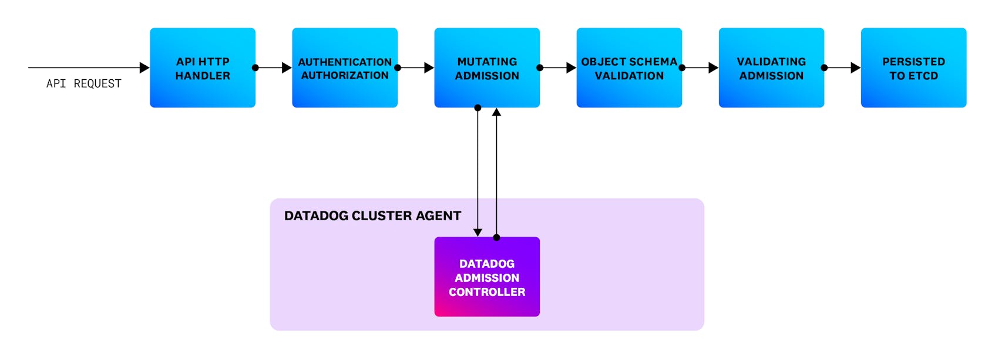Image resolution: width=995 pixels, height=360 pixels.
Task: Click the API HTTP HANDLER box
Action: point(203,68)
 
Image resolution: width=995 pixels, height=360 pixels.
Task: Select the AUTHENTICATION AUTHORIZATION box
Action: point(345,68)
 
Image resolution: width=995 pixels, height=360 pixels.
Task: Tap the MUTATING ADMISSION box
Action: point(487,68)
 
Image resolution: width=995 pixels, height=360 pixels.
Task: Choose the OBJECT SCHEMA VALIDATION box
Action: point(629,68)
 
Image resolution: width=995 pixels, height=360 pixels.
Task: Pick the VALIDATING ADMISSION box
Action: point(771,68)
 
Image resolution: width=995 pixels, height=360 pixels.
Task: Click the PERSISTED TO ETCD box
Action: point(913,68)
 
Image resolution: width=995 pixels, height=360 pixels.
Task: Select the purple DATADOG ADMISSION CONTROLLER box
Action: point(487,277)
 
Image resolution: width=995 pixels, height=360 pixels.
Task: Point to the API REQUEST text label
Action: point(83,83)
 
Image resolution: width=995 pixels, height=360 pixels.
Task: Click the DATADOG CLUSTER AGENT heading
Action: point(372,216)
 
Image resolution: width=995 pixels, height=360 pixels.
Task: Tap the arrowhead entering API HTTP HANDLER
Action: point(144,68)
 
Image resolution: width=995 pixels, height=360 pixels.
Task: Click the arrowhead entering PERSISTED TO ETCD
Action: point(856,68)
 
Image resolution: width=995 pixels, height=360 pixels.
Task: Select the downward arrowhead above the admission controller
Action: point(478,233)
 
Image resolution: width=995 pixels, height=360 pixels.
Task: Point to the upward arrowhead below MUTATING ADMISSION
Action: point(496,112)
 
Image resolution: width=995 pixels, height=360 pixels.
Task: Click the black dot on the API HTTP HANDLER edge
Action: point(256,68)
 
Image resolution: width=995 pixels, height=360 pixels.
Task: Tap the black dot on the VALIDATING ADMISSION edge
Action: point(824,68)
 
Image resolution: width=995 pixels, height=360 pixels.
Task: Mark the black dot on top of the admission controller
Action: point(496,237)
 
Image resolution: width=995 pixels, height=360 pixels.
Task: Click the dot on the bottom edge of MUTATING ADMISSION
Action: point(478,107)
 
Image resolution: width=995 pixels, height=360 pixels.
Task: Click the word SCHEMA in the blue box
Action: point(654,62)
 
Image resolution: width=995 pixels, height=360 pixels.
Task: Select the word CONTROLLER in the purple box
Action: point(487,292)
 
